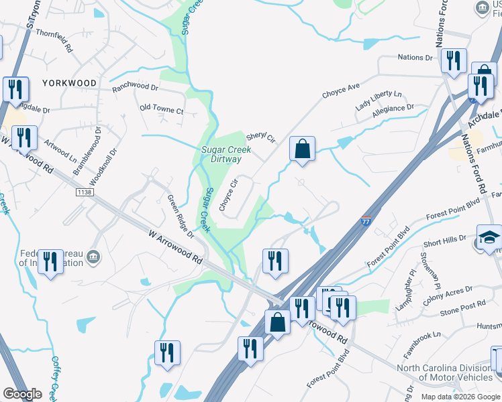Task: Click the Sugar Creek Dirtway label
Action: [226, 155]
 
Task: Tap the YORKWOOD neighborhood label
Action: [69, 83]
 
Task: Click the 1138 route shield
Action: [84, 192]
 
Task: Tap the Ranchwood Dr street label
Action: [135, 87]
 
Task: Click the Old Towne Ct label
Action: [161, 109]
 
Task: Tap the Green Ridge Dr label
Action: [181, 216]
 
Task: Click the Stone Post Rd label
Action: [462, 308]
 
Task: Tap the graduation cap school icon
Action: [489, 237]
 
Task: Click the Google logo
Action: [22, 394]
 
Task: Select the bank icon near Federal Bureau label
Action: [93, 256]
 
